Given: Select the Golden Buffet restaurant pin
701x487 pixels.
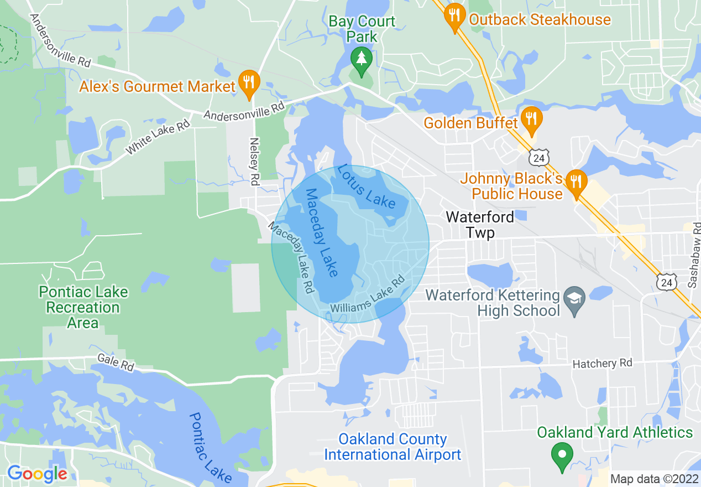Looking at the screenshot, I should [531, 120].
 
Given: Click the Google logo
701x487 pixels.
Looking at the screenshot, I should [37, 474].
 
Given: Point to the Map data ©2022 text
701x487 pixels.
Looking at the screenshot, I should [654, 479].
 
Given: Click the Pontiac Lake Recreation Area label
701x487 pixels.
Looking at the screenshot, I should [83, 307].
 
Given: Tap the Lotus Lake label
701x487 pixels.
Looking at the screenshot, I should [367, 186].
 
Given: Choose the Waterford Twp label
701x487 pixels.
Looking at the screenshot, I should [480, 224].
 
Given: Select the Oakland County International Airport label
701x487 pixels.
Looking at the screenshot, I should [393, 447].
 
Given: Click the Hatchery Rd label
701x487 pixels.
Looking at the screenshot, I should [602, 364].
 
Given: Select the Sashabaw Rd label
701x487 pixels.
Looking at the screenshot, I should [694, 255].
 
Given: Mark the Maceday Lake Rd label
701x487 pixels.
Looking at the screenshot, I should [292, 257].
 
